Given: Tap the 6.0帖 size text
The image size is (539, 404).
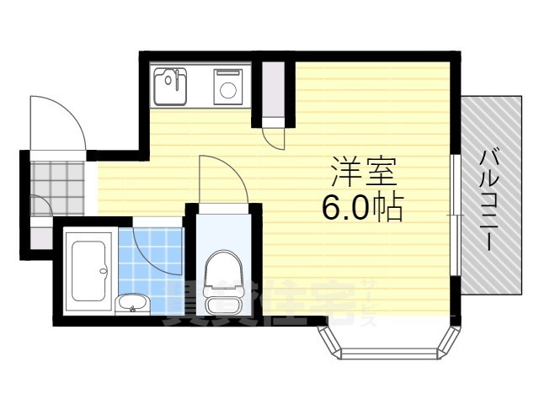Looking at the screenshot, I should (362, 205).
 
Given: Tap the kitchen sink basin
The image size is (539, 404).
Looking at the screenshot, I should (173, 85).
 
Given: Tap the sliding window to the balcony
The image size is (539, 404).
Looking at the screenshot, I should (456, 215).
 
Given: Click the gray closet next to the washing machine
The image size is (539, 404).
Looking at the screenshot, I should (273, 89).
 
